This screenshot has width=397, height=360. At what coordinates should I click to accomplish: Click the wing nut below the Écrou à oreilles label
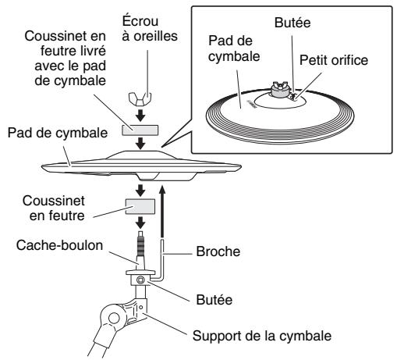tap(140, 99)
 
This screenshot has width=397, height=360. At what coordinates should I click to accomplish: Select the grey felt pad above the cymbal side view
tap(140, 130)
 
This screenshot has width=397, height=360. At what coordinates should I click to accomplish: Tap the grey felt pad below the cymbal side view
tap(140, 207)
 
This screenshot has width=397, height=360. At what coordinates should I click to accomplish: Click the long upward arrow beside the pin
tap(162, 211)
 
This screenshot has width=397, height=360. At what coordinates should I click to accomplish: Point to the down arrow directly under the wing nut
tap(140, 116)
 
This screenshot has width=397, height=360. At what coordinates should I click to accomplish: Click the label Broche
tap(218, 251)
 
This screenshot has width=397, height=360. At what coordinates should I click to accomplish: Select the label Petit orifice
tap(334, 60)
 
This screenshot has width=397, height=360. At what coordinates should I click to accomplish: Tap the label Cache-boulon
tap(59, 245)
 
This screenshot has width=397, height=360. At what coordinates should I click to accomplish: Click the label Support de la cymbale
tap(262, 336)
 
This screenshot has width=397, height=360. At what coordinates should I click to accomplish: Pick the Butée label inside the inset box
tap(292, 23)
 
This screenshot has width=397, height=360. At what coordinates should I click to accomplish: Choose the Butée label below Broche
tap(214, 300)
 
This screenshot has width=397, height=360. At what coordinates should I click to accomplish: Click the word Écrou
tap(140, 20)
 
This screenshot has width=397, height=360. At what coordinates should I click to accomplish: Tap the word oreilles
tap(155, 36)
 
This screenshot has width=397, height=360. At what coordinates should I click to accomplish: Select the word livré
tap(91, 51)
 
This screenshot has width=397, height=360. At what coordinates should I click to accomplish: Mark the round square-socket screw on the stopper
tap(140, 280)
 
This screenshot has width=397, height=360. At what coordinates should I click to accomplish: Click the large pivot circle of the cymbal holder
tap(114, 318)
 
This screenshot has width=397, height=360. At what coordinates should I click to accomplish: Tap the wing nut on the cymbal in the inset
tap(280, 86)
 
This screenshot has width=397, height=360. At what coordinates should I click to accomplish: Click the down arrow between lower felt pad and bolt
tap(140, 223)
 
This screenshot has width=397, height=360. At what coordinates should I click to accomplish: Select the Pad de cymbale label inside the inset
tap(234, 48)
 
